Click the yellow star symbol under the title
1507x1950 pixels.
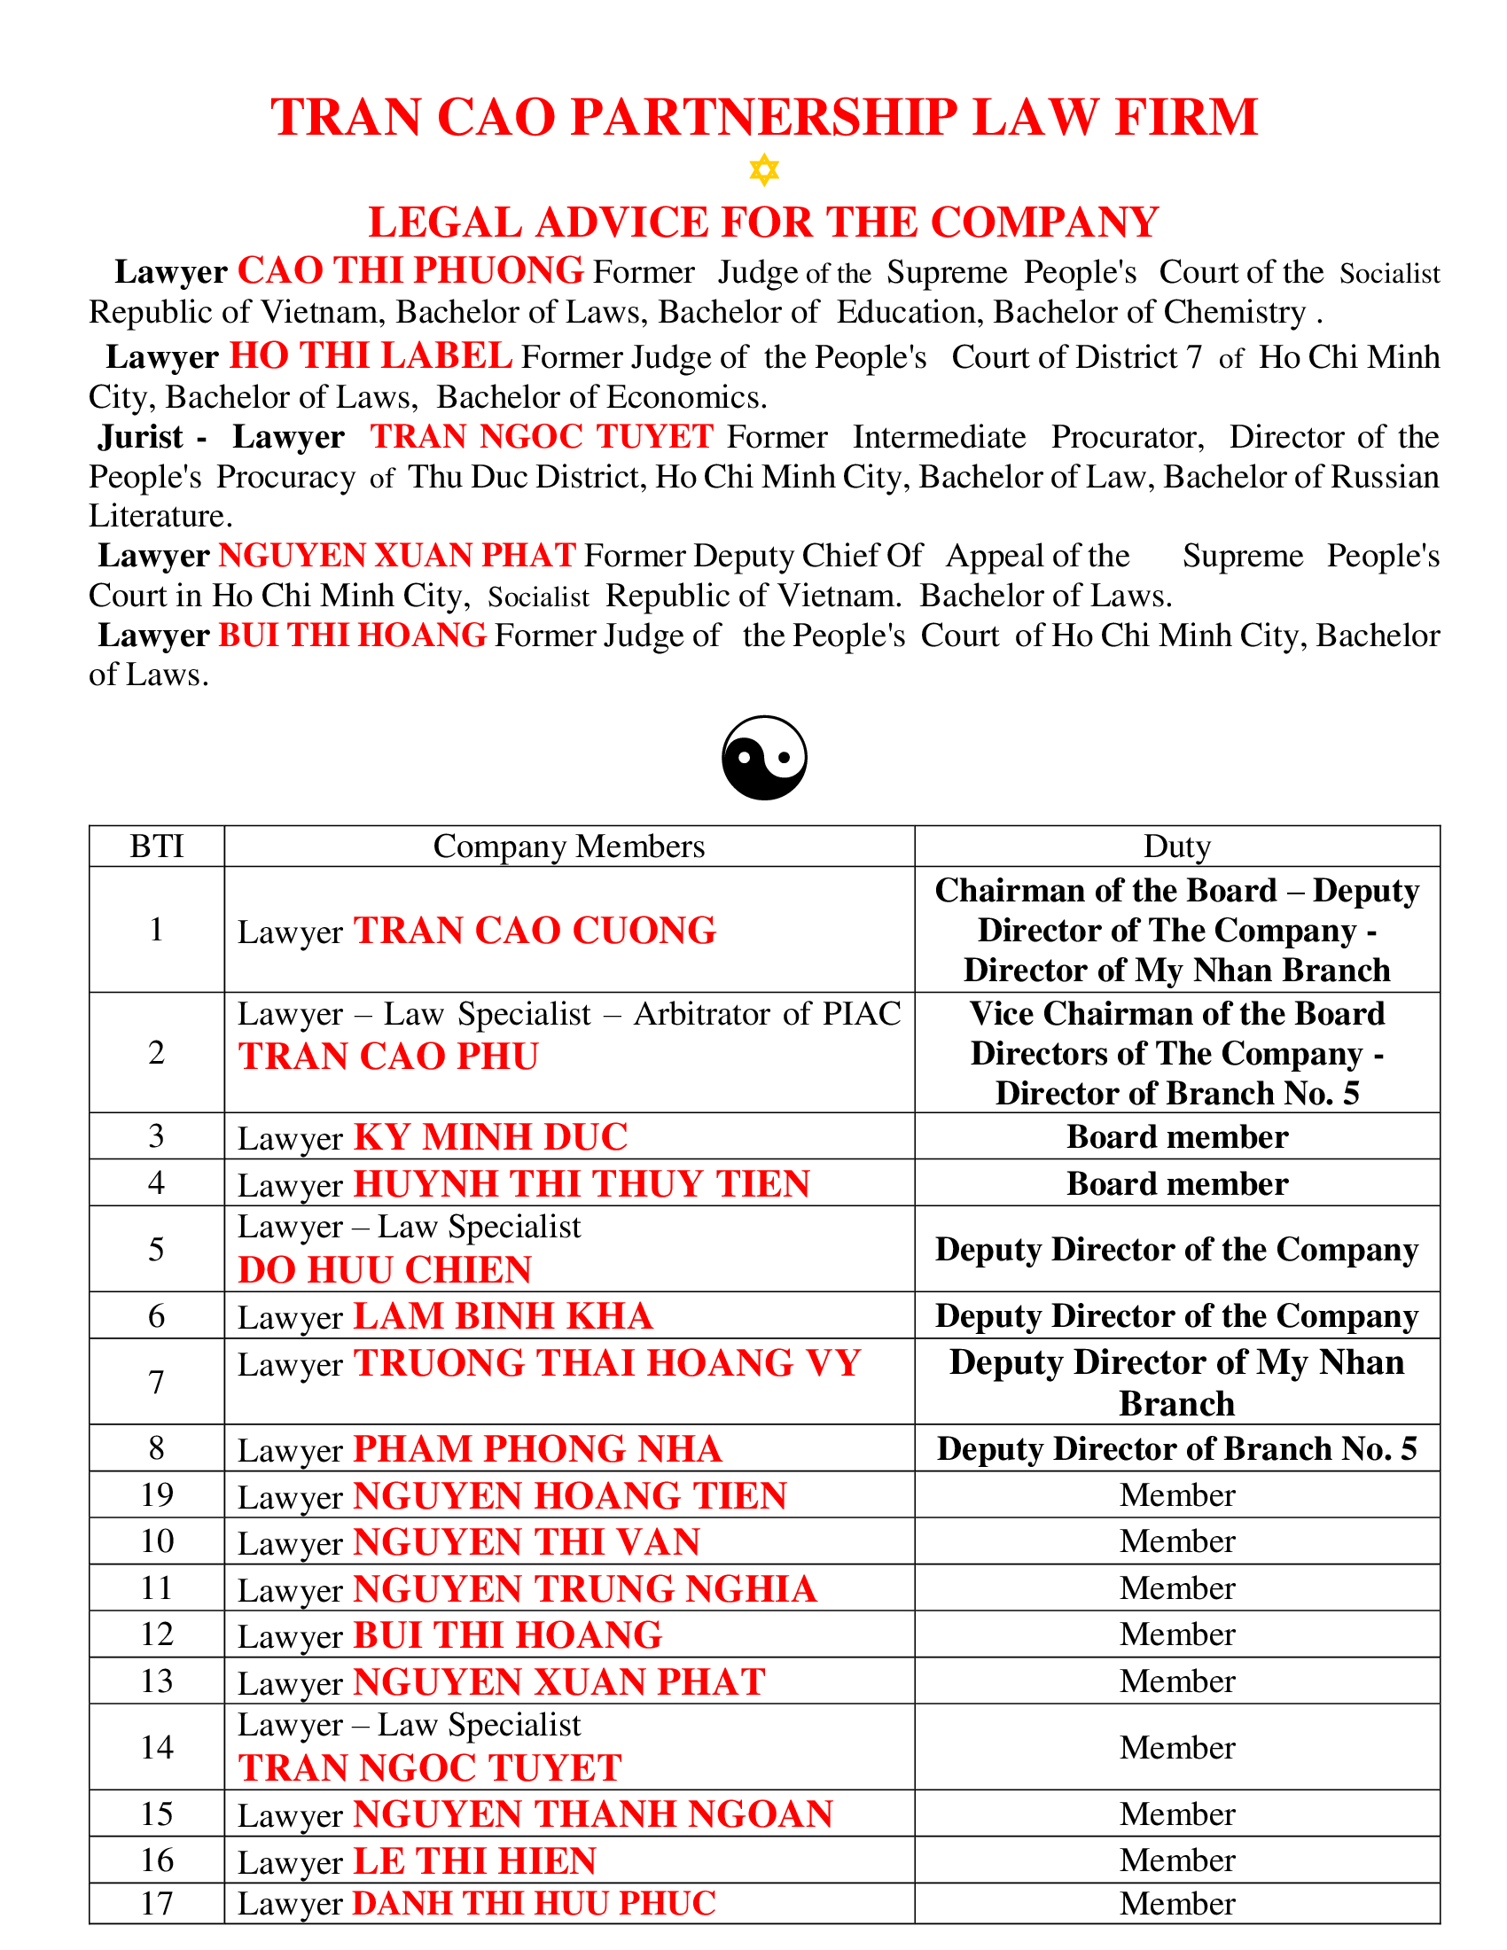pos(764,168)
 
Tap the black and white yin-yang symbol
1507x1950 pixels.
pos(764,757)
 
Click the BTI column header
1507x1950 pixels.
pos(156,846)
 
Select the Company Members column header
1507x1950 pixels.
pos(569,846)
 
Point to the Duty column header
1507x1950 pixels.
pos(1176,846)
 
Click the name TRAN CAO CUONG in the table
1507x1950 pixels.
pos(535,931)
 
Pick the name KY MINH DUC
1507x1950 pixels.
pos(491,1136)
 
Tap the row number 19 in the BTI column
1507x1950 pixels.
pos(156,1494)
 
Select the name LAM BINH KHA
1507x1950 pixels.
pos(504,1316)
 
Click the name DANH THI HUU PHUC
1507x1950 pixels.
pos(535,1903)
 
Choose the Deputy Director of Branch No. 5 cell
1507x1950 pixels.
pos(1176,1448)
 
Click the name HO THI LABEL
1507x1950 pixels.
pos(371,356)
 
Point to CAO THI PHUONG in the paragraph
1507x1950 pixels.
pos(410,270)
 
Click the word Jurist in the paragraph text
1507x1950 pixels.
pos(141,437)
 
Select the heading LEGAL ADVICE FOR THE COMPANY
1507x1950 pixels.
pos(763,222)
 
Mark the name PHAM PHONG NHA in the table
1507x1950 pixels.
pos(537,1448)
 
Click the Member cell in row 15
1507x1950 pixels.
pos(1176,1813)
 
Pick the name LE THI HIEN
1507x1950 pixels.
pos(475,1860)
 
